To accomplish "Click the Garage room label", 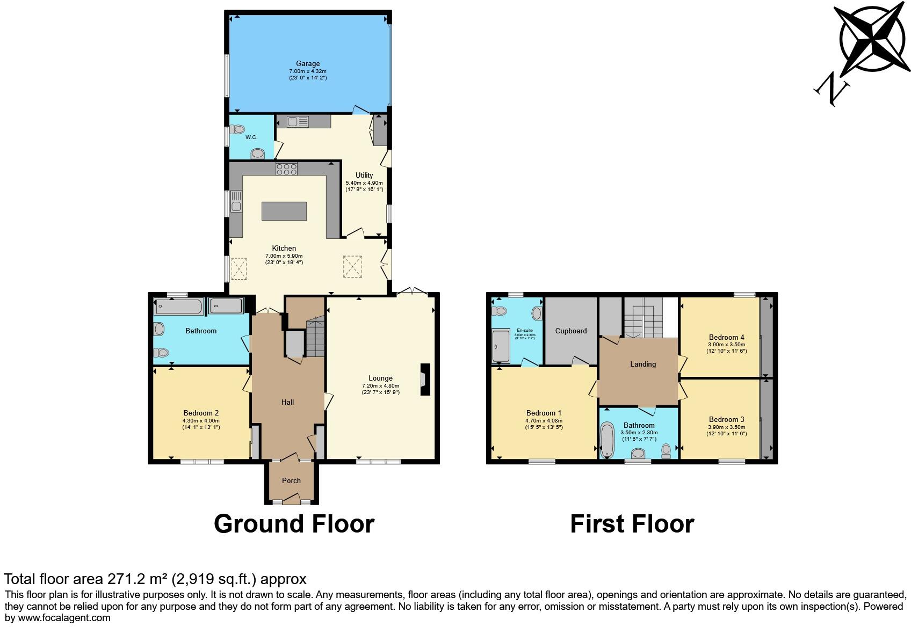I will click(x=308, y=64).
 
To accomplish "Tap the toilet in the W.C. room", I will click(x=237, y=129).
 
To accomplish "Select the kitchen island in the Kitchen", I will click(x=284, y=211).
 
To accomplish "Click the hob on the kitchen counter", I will click(x=286, y=170).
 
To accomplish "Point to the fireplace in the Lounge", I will click(x=425, y=380).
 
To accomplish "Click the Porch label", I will click(x=291, y=480).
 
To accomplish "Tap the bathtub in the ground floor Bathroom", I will click(x=179, y=308).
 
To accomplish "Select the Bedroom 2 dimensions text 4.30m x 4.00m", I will click(x=201, y=420).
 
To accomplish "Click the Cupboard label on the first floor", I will click(x=570, y=331).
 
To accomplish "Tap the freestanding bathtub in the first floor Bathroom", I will click(x=608, y=440).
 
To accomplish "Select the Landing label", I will click(x=642, y=364).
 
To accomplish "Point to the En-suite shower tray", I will click(x=500, y=347).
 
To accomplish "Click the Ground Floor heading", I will click(x=294, y=523).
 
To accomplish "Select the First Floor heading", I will click(x=632, y=523).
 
